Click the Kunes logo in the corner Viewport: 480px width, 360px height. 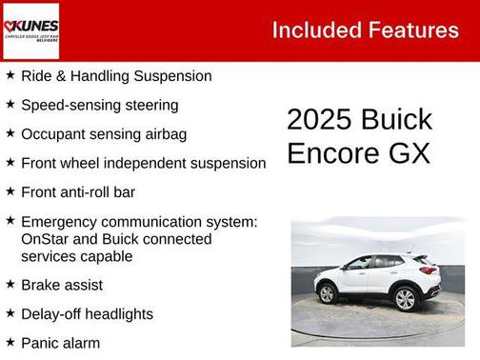click(x=30, y=30)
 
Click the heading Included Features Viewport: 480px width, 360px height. click(x=365, y=30)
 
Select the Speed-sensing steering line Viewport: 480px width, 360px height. click(x=99, y=105)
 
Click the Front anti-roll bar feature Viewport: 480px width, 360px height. click(x=77, y=191)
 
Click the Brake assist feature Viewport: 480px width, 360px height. click(x=61, y=285)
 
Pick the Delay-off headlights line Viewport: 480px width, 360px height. click(x=86, y=313)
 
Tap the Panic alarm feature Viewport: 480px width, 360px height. click(x=59, y=343)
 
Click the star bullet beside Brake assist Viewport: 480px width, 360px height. click(x=10, y=283)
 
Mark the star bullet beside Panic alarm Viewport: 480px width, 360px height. click(x=10, y=341)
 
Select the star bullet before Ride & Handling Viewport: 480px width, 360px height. click(x=10, y=73)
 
